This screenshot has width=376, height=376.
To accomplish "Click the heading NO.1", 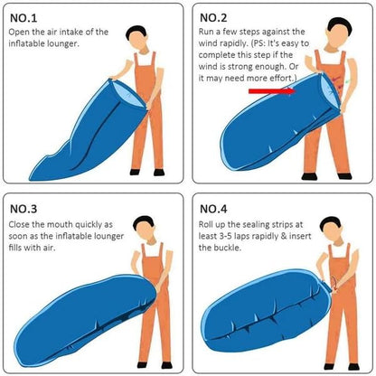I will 23,17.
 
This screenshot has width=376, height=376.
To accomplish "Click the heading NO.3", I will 23,207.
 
